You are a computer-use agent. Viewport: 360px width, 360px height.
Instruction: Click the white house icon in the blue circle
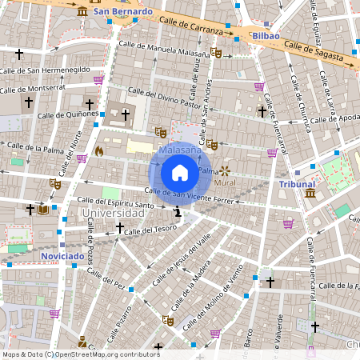pos(180,173)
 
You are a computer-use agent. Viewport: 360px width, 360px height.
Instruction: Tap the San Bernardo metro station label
pos(122,12)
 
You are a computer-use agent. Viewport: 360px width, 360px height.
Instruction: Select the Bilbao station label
pos(265,36)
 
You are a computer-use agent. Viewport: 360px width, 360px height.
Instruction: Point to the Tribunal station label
pos(297,184)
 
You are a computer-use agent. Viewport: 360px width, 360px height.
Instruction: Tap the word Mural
pos(225,182)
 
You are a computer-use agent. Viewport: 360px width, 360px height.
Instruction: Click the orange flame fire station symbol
pos(99,150)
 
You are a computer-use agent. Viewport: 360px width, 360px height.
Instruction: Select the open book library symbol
pos(43,210)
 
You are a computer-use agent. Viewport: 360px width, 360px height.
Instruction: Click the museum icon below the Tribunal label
pos(310,194)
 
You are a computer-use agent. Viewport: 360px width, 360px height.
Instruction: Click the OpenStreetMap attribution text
pos(81,354)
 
